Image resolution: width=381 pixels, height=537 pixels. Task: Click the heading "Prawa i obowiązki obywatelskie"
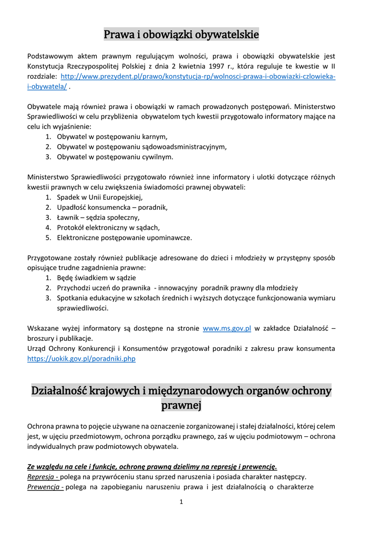(181, 35)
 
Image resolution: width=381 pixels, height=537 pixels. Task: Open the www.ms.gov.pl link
(227, 329)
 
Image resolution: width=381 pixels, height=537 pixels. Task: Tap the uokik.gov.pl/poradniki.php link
(81, 359)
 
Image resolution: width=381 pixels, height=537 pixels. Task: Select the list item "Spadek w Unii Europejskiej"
(99, 197)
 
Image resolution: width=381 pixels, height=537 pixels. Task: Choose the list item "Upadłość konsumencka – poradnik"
(112, 207)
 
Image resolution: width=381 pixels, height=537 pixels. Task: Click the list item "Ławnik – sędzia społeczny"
(98, 217)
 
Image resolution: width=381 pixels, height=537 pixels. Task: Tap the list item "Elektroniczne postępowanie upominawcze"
(125, 238)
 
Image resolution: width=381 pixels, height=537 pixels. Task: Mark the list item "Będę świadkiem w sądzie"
(96, 278)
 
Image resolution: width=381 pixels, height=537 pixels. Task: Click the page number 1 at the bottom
(181, 502)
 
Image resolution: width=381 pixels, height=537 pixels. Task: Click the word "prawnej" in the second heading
(181, 405)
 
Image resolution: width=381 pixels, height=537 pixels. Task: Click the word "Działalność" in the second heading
(59, 391)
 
